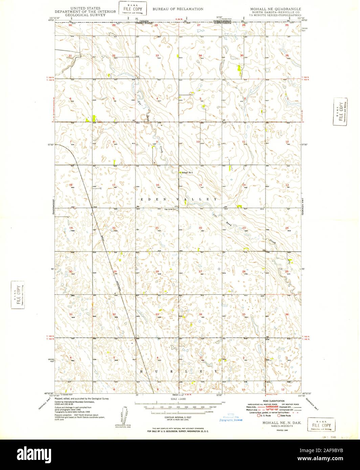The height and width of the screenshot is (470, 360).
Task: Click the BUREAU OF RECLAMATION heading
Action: point(178,9)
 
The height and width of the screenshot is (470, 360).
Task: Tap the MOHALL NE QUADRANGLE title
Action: point(275,9)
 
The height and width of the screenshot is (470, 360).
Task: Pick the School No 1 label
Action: point(187,173)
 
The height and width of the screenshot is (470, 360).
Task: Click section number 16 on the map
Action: point(157,185)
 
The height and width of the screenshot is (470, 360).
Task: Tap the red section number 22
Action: point(200,228)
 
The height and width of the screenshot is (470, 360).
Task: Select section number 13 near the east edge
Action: point(287,185)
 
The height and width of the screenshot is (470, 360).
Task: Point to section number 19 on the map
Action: point(71,228)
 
